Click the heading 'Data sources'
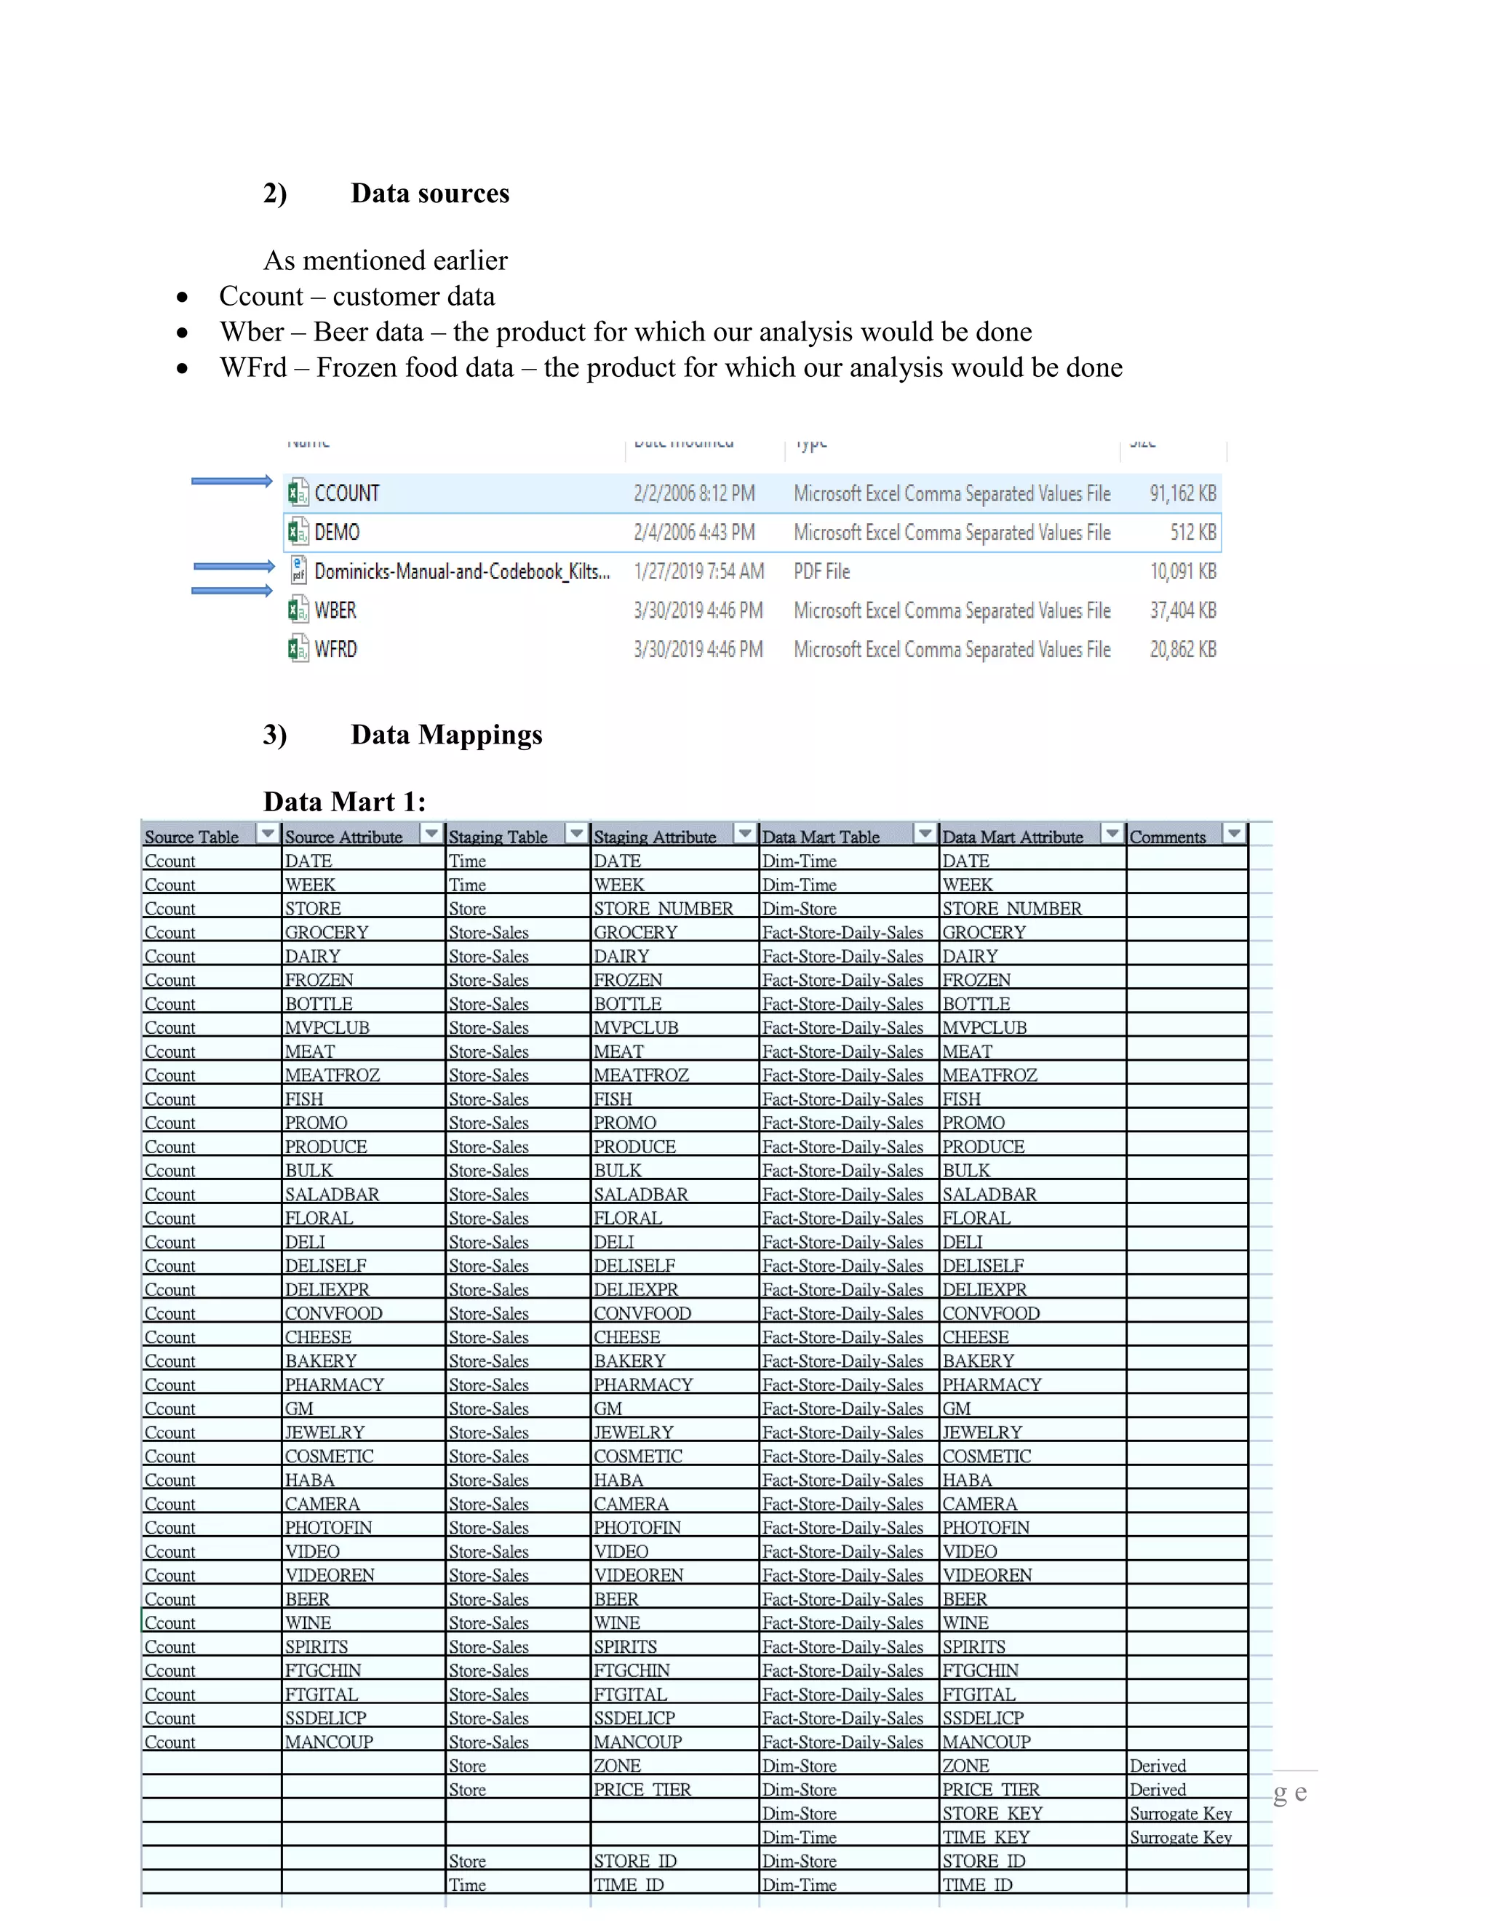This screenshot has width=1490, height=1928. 429,194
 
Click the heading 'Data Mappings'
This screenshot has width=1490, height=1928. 446,735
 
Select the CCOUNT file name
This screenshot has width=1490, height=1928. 347,493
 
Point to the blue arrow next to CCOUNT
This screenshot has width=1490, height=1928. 231,481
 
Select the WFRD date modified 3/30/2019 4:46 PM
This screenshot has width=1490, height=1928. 697,650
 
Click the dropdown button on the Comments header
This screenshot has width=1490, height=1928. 1233,832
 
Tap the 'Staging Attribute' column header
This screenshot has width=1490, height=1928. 654,837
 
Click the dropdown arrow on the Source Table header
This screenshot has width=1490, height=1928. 266,832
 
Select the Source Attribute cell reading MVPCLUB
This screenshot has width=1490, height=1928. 327,1027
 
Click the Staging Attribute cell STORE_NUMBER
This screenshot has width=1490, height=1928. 663,909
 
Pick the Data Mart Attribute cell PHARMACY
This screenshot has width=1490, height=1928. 992,1385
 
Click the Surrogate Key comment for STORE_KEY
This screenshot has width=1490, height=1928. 1180,1813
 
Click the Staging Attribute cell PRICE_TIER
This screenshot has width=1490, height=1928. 642,1790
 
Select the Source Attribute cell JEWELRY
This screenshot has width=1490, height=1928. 324,1432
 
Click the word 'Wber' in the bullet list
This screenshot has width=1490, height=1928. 252,332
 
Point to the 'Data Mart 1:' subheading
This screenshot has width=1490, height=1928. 344,802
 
